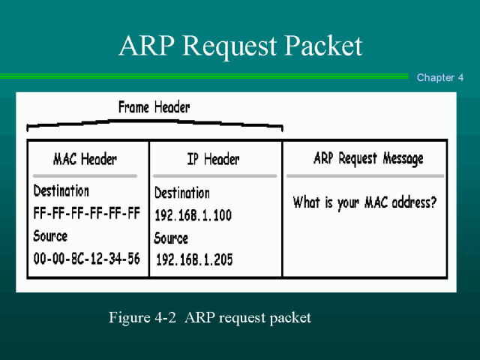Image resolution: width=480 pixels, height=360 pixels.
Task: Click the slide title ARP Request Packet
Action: pos(240,46)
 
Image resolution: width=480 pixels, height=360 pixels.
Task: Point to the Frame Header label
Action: pos(154,107)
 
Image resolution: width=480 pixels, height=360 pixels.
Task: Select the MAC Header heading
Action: pos(85,159)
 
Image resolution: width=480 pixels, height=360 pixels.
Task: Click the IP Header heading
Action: pos(213,159)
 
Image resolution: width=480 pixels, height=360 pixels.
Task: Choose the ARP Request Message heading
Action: pos(367,158)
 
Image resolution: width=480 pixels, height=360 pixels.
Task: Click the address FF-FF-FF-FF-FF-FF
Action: pos(87,213)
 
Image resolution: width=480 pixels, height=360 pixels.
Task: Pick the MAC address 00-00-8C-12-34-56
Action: pos(86,259)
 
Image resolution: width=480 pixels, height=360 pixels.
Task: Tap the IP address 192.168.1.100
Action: pos(193,215)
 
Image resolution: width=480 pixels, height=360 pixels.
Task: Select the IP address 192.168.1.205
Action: pos(193,260)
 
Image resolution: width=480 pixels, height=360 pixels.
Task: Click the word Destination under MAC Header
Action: pos(61,191)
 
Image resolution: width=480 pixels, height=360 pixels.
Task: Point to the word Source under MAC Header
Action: pos(50,236)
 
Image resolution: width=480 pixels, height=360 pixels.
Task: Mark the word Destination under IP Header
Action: pos(182,193)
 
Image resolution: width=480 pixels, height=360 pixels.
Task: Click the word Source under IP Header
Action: pos(171,238)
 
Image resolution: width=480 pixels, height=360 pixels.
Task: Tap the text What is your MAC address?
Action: pos(364,202)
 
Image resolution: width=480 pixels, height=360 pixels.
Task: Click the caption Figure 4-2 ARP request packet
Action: pos(210,317)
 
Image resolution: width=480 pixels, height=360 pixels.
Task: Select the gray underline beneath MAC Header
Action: pos(85,175)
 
